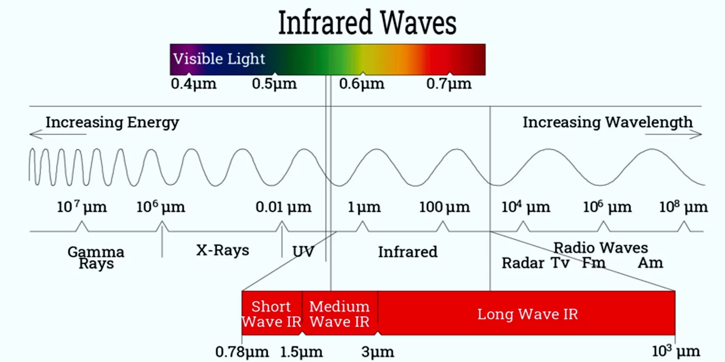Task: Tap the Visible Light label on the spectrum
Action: [219, 59]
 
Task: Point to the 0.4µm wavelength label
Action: [193, 84]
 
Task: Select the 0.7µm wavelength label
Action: [449, 84]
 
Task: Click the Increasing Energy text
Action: [112, 122]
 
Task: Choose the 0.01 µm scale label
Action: [283, 207]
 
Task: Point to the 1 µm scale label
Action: [364, 207]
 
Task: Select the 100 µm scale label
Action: [444, 207]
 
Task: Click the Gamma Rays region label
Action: [96, 257]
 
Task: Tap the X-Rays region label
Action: [222, 250]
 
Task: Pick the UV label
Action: [303, 252]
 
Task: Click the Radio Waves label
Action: [600, 248]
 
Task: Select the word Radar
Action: [522, 263]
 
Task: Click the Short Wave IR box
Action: [271, 313]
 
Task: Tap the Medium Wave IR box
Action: [339, 313]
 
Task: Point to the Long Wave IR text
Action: [527, 314]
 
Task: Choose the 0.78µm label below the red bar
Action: [242, 352]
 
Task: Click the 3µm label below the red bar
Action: [377, 352]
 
